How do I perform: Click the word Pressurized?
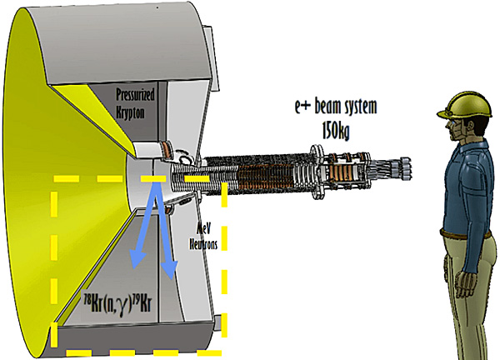coord(135,95)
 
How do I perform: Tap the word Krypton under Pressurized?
coord(130,112)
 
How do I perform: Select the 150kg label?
coord(336,131)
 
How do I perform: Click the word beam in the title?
coord(330,106)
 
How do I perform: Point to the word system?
coord(362,107)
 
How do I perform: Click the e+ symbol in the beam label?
coord(302,107)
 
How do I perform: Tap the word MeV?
coord(204,230)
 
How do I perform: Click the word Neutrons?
coord(203,244)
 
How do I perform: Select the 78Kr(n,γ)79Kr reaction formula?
coord(117,305)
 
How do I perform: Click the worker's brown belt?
coord(466,234)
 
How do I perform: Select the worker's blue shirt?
coord(465,188)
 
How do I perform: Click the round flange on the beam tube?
coord(316,172)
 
